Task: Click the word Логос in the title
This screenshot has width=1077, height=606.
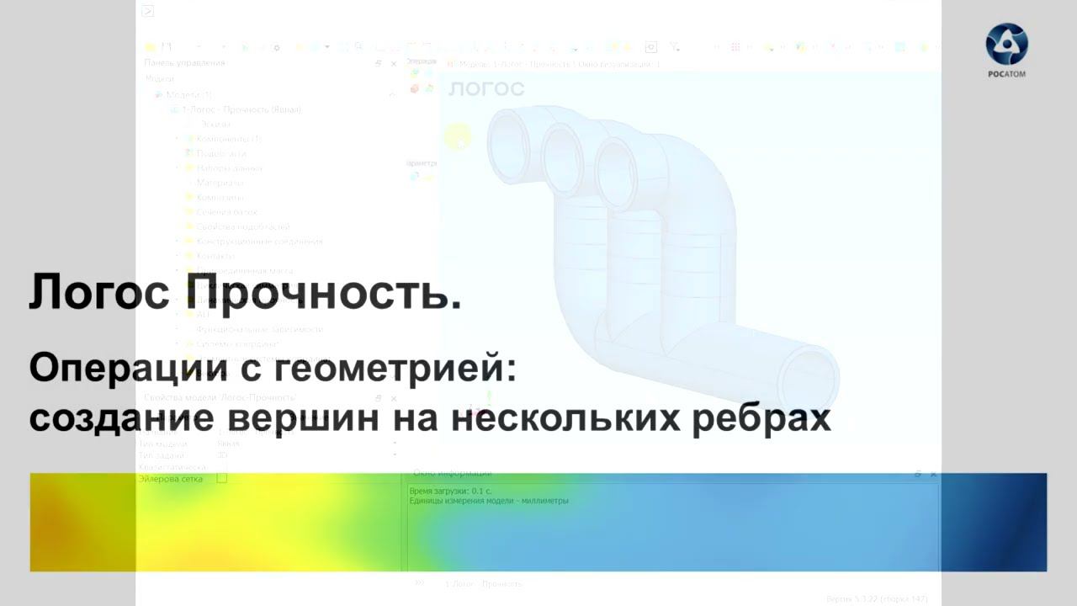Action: click(x=100, y=292)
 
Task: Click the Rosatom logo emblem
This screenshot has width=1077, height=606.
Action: click(x=1006, y=44)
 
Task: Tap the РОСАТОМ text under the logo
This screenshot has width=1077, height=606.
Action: click(x=1006, y=74)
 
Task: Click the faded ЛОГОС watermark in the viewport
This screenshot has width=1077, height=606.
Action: click(x=486, y=88)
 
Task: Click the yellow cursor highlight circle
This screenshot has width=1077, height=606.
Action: click(x=458, y=136)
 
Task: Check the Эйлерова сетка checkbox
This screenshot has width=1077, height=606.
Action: click(x=222, y=478)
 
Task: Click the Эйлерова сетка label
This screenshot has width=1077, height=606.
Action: click(x=171, y=478)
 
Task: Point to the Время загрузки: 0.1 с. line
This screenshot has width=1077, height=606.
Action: click(x=450, y=491)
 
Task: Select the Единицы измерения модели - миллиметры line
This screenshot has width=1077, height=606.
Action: click(x=488, y=501)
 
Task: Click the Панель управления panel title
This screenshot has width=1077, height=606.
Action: click(x=184, y=63)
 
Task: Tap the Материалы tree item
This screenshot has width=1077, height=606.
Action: click(x=220, y=183)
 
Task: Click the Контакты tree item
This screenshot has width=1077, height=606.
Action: click(x=215, y=256)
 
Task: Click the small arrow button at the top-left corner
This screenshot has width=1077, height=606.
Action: click(x=148, y=11)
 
